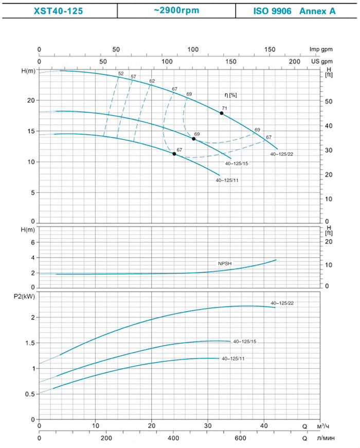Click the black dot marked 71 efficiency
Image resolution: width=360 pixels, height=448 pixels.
coord(222,113)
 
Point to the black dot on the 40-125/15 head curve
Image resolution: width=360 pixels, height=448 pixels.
coord(194,139)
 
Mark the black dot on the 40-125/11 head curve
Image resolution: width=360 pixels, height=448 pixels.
coord(174,154)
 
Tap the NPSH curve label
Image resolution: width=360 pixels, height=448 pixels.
coord(225,263)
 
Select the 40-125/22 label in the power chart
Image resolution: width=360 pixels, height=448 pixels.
coord(282,302)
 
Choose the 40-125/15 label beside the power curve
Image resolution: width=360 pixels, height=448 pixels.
coord(244,341)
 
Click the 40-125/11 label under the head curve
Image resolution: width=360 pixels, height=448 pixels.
coord(226,180)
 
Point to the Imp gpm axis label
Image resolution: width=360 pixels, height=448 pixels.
coord(321,49)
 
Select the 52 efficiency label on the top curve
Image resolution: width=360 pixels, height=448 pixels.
coord(121,74)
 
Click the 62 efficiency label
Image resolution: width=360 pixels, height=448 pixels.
coord(152,81)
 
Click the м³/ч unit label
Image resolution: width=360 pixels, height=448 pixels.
coord(323,426)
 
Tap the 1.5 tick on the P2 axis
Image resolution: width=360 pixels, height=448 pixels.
coord(30,343)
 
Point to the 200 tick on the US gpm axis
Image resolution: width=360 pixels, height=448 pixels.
coord(295,61)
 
